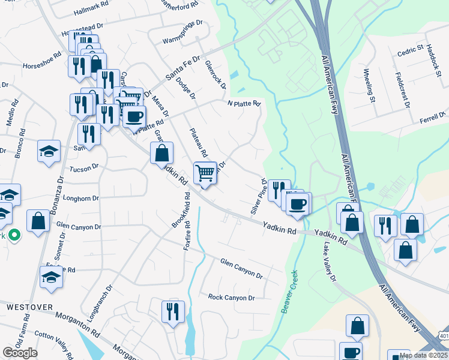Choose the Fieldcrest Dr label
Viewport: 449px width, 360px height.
[x=402, y=91]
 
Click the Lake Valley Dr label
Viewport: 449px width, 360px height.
[x=330, y=262]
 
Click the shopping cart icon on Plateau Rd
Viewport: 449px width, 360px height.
[x=205, y=174]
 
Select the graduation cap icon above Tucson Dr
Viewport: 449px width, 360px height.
[x=49, y=152]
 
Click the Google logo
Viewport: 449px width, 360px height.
[x=20, y=352]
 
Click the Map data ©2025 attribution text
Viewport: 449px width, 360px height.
[x=423, y=355]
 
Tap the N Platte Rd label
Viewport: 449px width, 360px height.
[x=244, y=103]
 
